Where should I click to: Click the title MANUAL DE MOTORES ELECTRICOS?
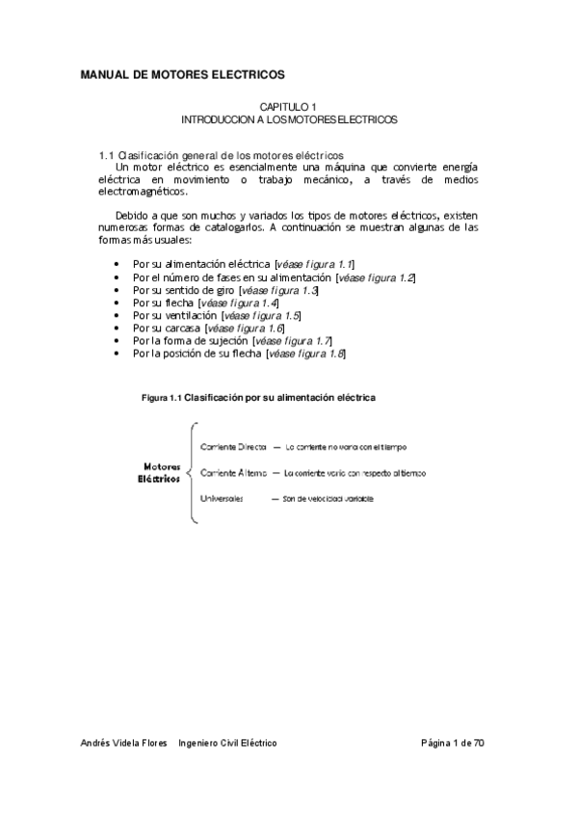coord(182,74)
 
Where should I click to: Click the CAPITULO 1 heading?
coord(289,108)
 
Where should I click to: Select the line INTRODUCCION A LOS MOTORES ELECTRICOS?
coord(289,120)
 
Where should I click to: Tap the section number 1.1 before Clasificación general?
coord(107,156)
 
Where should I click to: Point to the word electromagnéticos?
coord(144,192)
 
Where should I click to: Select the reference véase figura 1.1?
coord(314,263)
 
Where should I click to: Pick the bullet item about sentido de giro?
coord(183,290)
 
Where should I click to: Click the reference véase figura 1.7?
coord(294,340)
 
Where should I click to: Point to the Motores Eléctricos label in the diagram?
coord(159,473)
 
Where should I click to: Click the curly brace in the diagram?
coord(192,473)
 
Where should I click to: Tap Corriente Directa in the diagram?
coord(233,448)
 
